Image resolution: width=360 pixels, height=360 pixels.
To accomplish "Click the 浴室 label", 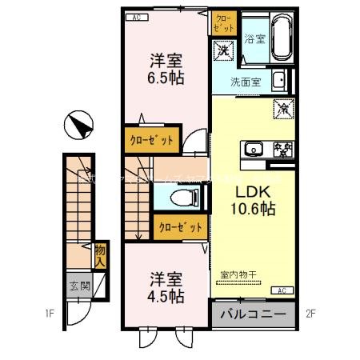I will (x=254, y=38).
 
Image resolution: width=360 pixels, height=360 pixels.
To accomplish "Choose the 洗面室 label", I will (x=245, y=81).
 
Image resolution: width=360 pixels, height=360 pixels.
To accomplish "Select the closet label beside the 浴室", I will (x=222, y=22).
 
